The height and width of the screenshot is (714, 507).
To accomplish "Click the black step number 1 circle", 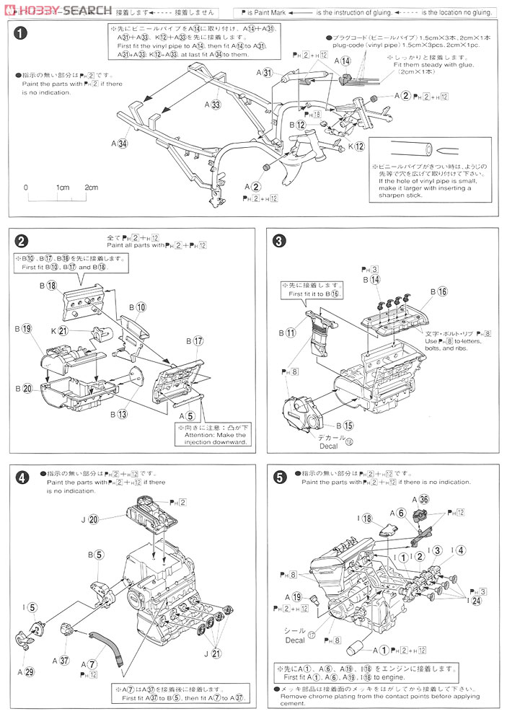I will point(22,34).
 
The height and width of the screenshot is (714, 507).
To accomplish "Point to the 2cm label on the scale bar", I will point(91,188).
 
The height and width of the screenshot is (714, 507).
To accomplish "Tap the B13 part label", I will point(118,414).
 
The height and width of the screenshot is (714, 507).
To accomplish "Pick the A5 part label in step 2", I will point(185,415).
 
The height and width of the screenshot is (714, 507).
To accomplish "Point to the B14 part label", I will point(371,279).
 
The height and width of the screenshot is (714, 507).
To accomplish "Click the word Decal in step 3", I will point(328,446).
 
